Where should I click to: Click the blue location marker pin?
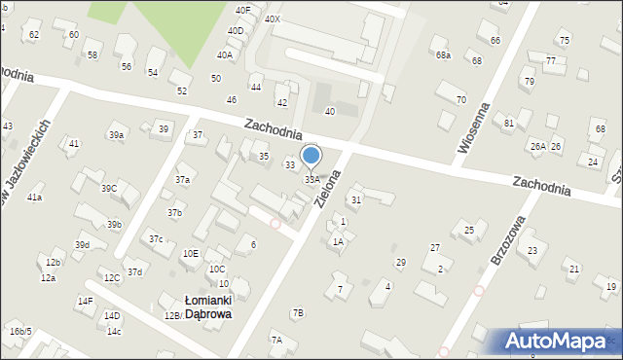coord(311,157)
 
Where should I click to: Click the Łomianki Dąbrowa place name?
coord(207,307)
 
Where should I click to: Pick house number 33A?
coord(312,180)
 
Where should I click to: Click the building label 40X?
coord(273,18)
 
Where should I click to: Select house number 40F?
coord(242,10)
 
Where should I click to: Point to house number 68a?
coord(443,55)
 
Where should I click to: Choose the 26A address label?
coord(537,146)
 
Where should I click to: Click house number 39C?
coord(109,188)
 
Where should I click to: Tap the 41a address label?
coord(34,198)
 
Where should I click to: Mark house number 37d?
coord(134,271)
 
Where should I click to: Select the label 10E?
coord(191,254)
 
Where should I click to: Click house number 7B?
coord(297,312)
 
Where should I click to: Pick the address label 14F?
coord(85,301)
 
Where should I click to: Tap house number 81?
coord(509,123)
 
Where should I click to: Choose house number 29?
coord(400,263)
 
